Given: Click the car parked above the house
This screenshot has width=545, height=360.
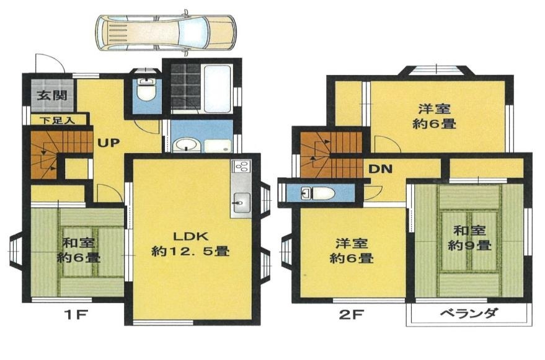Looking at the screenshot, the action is pos(166,32).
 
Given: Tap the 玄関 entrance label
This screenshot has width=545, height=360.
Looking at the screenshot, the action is pos(52,95).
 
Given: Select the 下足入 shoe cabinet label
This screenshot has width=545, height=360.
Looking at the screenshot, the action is pos(57,121).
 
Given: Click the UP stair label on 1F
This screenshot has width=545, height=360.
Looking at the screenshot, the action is pos(109,143).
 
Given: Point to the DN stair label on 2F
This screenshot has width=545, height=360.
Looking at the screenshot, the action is pos(380,169).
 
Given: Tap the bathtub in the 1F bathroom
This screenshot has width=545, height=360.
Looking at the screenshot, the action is pos(217,89).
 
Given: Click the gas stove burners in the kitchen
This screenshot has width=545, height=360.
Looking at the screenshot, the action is pos(241,167).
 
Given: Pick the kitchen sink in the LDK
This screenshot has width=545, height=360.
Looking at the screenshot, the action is pos(241,202).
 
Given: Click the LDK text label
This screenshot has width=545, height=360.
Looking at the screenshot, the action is pos(190,237).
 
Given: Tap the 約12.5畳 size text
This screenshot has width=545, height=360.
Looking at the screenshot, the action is pos(190,251).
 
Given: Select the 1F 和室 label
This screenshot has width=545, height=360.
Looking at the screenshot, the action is pos(79,242).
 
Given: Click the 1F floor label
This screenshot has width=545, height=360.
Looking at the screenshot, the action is pos(76,315).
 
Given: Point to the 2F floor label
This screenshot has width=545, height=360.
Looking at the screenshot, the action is pos(351,315).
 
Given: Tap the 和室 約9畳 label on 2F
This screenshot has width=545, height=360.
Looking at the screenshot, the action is pos(469,238).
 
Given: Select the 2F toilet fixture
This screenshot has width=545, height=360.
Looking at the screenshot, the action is pos(317,193).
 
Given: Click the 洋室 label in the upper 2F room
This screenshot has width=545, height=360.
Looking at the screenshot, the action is pos(434,109).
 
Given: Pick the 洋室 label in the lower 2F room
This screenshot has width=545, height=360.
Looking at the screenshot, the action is pos(352,244).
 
